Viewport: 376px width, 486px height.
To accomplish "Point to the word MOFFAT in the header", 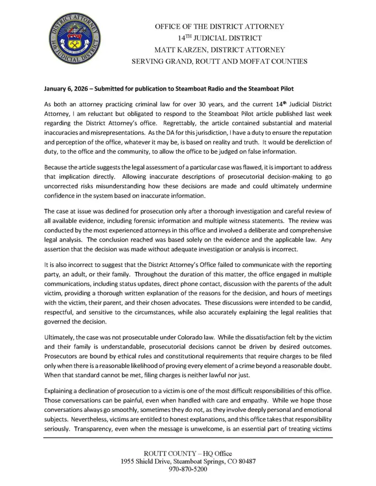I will (253, 61).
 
